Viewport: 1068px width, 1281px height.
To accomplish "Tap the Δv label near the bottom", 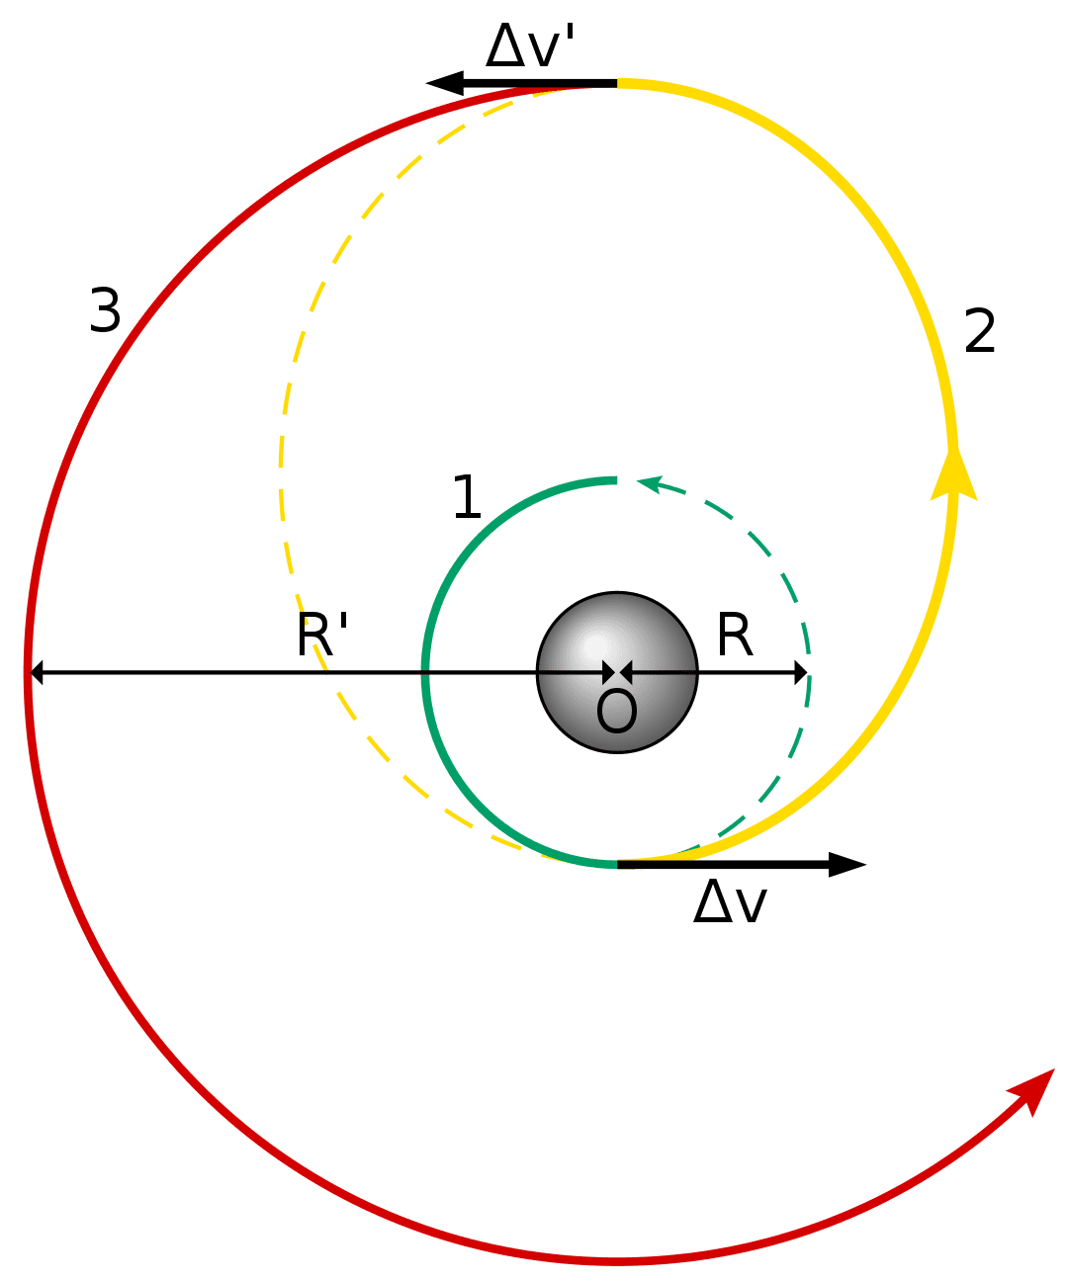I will coord(730,902).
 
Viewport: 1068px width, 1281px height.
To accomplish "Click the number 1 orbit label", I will coord(466,497).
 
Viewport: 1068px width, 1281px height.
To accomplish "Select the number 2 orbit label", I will coord(979,331).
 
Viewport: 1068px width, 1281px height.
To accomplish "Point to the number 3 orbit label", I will coord(105,311).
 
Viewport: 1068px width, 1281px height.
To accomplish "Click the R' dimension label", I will coord(322,635).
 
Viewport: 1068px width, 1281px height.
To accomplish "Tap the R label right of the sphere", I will coord(735,635).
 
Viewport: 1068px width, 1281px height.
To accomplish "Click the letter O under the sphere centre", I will coord(616,713).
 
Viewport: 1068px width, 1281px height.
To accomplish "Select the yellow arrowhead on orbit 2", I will coord(954,474).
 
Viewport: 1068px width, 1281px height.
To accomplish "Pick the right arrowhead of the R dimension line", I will coord(801,673).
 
